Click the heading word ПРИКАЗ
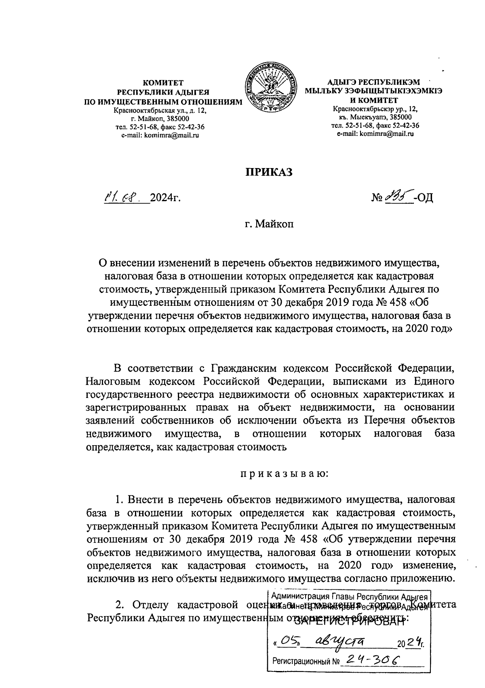(269, 173)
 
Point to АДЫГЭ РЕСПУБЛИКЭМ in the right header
(374, 82)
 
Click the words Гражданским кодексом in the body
(254, 368)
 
